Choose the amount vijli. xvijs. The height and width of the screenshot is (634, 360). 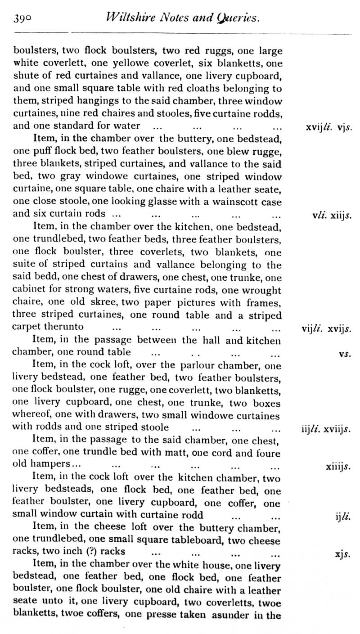click(326, 328)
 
